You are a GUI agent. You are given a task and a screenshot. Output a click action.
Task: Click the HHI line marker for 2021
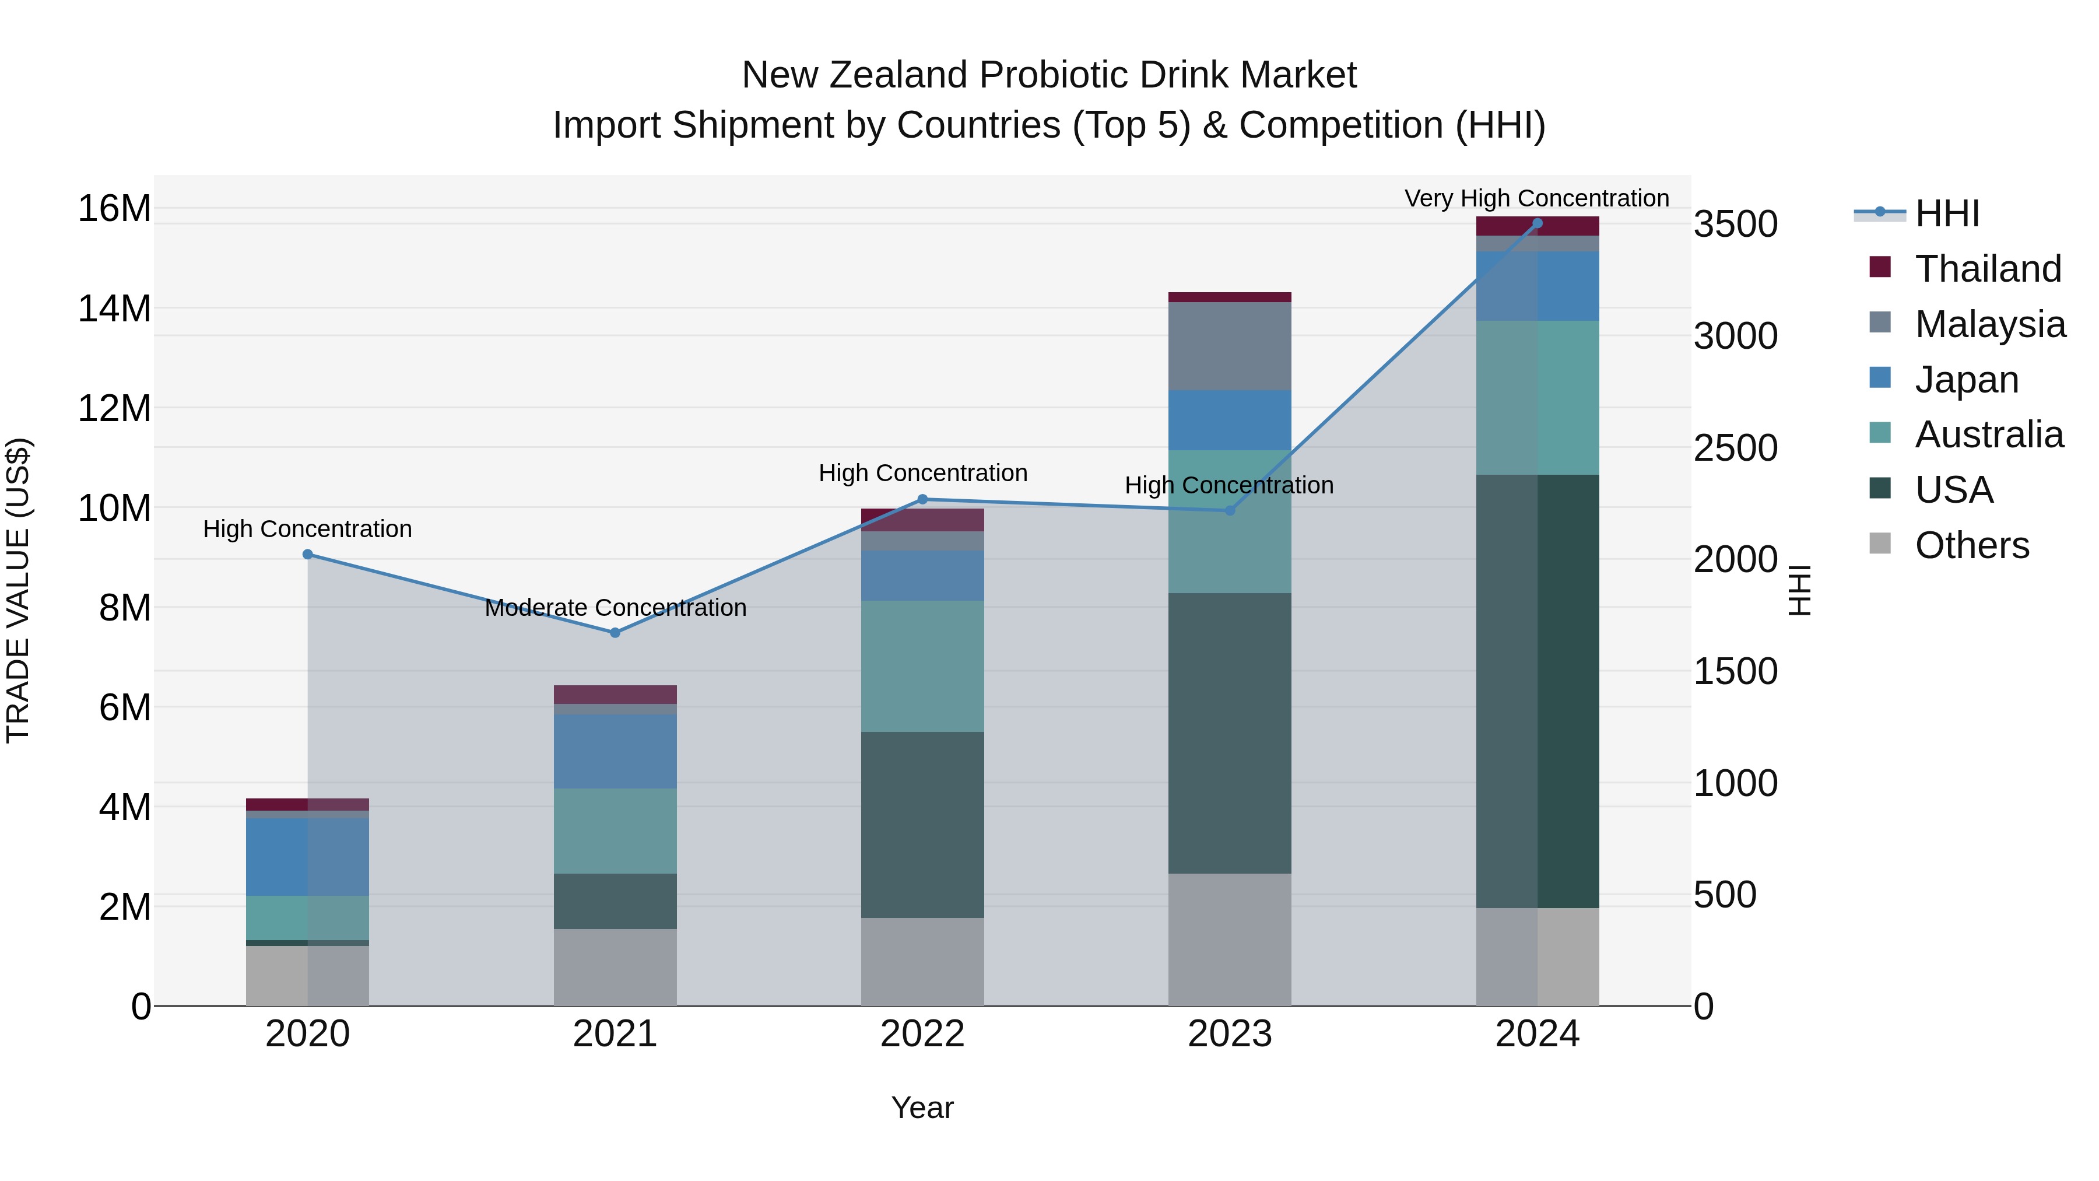pyautogui.click(x=615, y=632)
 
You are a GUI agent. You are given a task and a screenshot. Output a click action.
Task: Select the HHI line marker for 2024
pyautogui.click(x=1538, y=223)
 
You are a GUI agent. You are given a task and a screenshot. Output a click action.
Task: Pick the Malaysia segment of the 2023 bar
pyautogui.click(x=1230, y=346)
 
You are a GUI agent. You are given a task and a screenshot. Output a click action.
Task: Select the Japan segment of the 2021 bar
pyautogui.click(x=615, y=751)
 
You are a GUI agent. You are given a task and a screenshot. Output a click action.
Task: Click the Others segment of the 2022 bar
pyautogui.click(x=922, y=962)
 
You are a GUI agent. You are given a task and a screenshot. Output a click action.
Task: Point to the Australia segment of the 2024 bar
pyautogui.click(x=1538, y=398)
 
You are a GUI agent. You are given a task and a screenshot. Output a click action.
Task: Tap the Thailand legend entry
pyautogui.click(x=1988, y=269)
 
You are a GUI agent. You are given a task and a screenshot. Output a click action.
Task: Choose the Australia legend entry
pyautogui.click(x=1988, y=434)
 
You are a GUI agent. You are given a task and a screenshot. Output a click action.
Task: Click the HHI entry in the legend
pyautogui.click(x=1947, y=213)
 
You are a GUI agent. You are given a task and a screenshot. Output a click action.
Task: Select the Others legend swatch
pyautogui.click(x=1880, y=544)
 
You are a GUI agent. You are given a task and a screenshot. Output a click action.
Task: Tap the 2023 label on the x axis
pyautogui.click(x=1230, y=1034)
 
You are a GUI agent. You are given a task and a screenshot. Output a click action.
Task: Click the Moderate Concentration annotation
pyautogui.click(x=615, y=608)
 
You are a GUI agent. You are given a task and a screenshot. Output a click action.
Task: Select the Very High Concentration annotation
pyautogui.click(x=1537, y=198)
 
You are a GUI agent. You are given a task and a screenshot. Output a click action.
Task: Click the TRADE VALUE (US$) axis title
pyautogui.click(x=18, y=590)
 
